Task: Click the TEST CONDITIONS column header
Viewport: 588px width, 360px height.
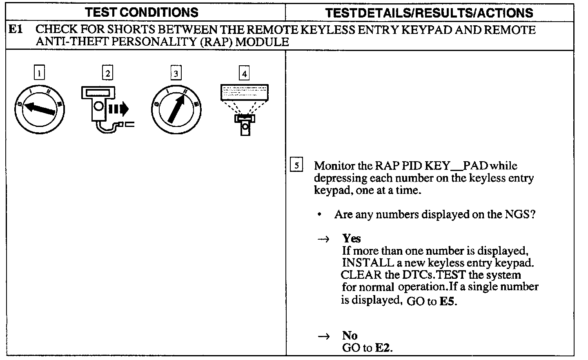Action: coord(143,12)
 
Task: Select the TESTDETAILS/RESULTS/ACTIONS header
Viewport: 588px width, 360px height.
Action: coord(429,13)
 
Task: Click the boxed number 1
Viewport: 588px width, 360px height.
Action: coord(39,73)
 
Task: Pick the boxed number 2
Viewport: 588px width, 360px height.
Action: coord(107,73)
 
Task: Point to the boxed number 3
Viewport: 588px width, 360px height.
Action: coord(176,73)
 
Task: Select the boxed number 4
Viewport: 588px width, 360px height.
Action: coord(244,73)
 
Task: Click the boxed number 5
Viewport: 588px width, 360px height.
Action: coord(297,165)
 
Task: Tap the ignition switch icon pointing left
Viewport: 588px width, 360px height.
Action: coord(40,109)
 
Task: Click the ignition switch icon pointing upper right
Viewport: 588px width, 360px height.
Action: coord(176,109)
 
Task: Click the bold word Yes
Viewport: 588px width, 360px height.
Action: coord(351,238)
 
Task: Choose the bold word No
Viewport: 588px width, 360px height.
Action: coord(350,336)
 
